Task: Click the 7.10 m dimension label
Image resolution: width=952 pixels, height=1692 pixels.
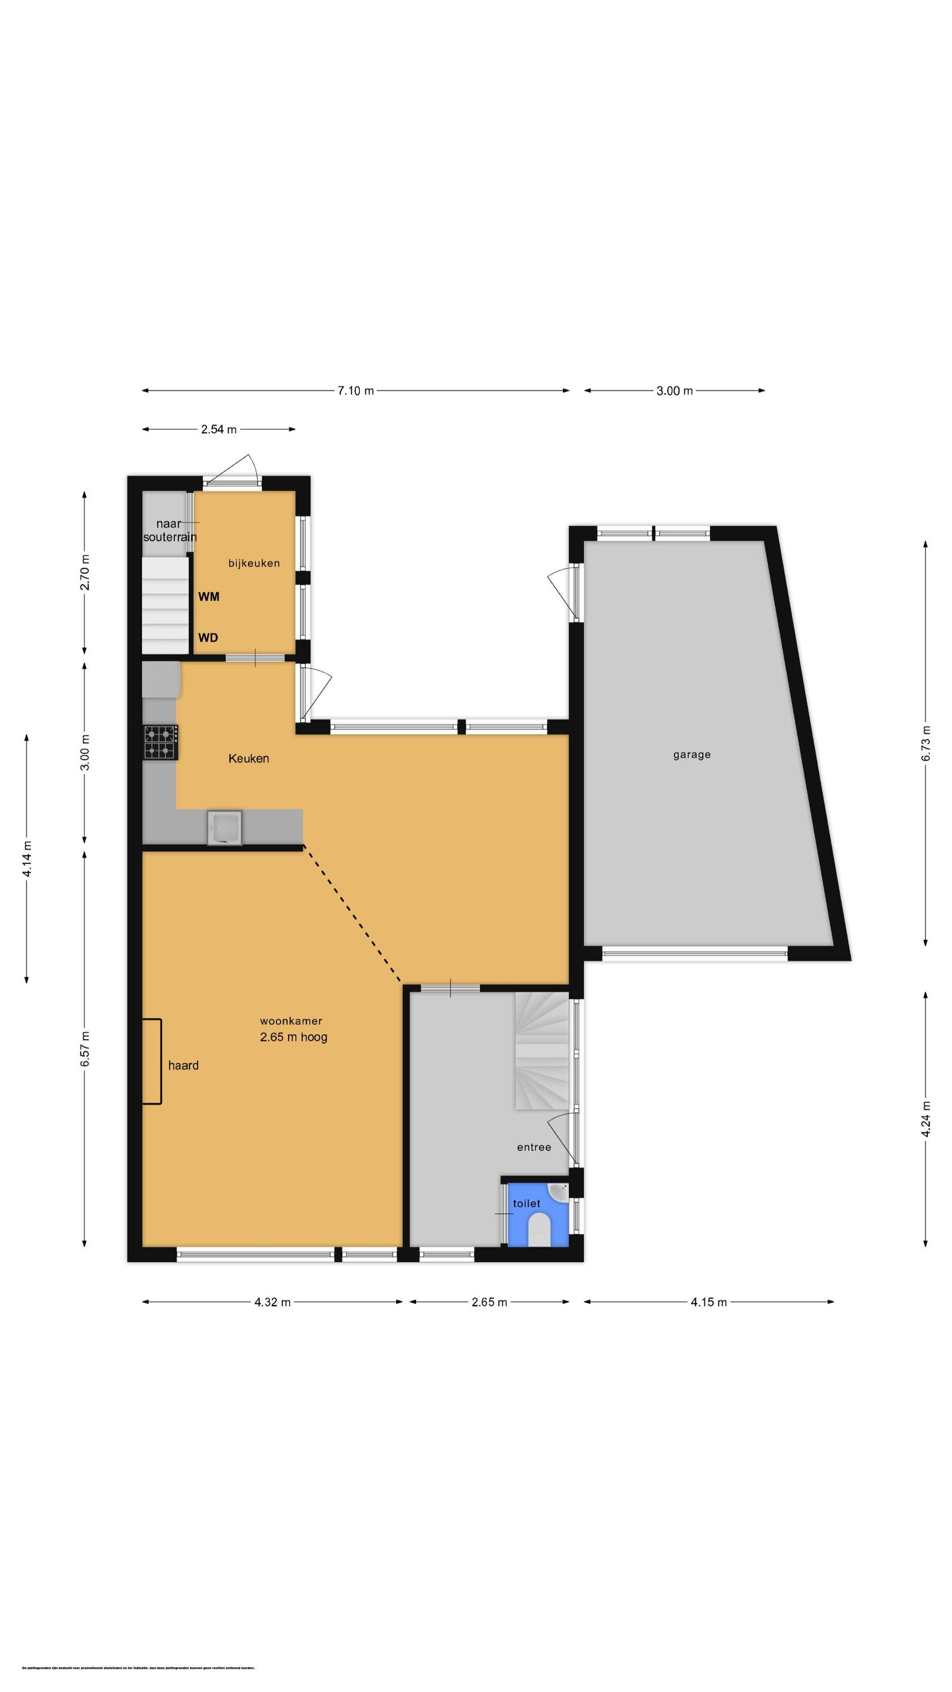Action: coord(355,390)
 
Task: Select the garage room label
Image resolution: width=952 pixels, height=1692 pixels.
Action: coord(691,755)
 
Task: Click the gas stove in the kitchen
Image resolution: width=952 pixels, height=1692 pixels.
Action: coord(160,742)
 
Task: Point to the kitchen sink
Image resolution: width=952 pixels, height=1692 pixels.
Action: coord(224,827)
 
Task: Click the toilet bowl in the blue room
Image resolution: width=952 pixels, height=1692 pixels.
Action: coord(539,1230)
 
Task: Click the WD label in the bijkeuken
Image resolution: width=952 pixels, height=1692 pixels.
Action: coord(208,637)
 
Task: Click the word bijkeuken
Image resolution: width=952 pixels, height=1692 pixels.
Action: coord(254,563)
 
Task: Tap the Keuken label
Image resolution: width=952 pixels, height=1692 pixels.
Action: coord(248,758)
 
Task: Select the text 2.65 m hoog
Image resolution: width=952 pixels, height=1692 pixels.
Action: coord(293,1037)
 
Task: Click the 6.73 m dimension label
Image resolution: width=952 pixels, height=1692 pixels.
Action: coord(925,743)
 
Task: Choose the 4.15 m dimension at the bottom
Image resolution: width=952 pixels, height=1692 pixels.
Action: coord(708,1302)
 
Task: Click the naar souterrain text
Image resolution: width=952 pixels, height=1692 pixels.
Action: coord(170,530)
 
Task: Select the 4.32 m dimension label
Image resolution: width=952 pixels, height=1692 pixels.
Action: coord(272,1302)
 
